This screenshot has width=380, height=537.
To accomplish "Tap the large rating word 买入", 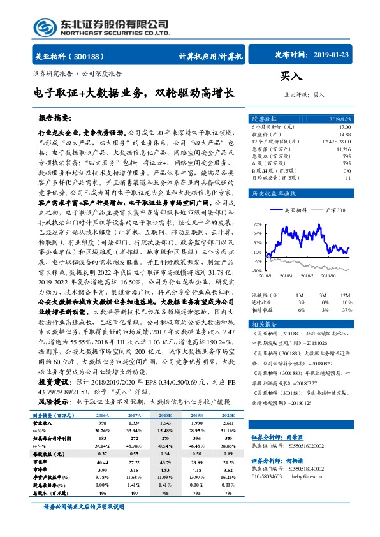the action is click(x=291, y=77).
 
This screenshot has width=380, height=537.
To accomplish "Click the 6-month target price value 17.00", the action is click(x=344, y=128).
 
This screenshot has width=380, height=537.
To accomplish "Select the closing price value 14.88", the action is click(x=344, y=135).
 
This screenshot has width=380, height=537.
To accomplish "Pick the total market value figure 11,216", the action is click(x=343, y=149).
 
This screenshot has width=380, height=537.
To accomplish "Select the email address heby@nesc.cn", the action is click(x=309, y=476).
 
